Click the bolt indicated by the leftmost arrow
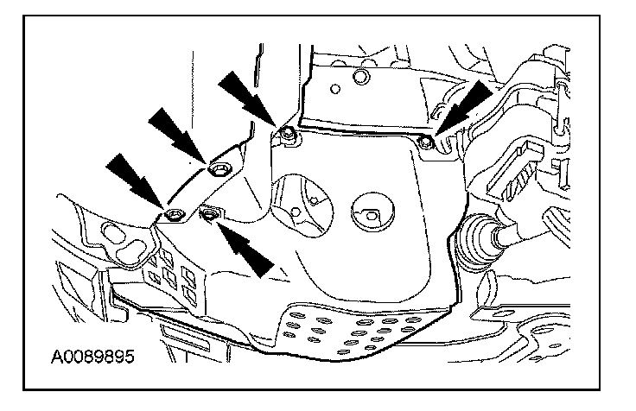pyautogui.click(x=174, y=214)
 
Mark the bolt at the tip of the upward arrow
pyautogui.click(x=208, y=212)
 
